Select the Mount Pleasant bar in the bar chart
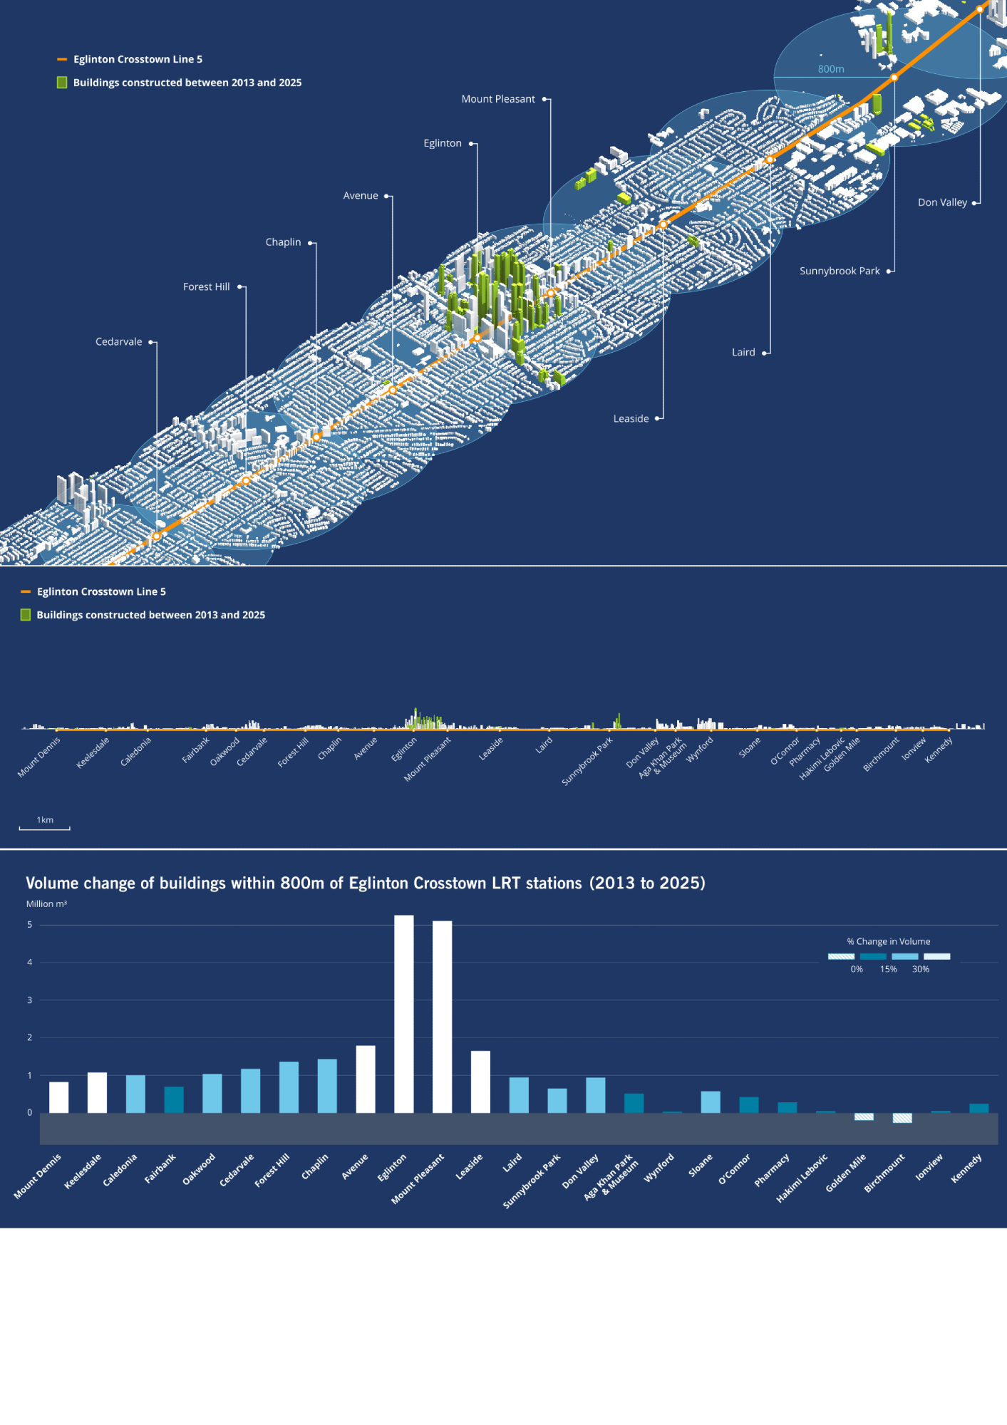(442, 1016)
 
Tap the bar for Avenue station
(366, 1079)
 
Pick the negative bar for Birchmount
(902, 1118)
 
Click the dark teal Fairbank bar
(174, 1099)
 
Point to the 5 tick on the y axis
(30, 925)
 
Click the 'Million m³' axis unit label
(46, 903)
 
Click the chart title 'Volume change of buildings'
(365, 883)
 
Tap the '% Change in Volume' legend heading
(888, 941)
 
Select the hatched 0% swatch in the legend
(841, 956)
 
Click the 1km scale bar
(44, 828)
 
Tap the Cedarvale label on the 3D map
(119, 342)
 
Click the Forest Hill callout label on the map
(206, 286)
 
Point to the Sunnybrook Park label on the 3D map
(840, 271)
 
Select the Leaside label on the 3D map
(631, 418)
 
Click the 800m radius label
(830, 69)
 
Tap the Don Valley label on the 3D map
(942, 202)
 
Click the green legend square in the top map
(62, 83)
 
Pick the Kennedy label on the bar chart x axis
(966, 1168)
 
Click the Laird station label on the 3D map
(743, 352)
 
